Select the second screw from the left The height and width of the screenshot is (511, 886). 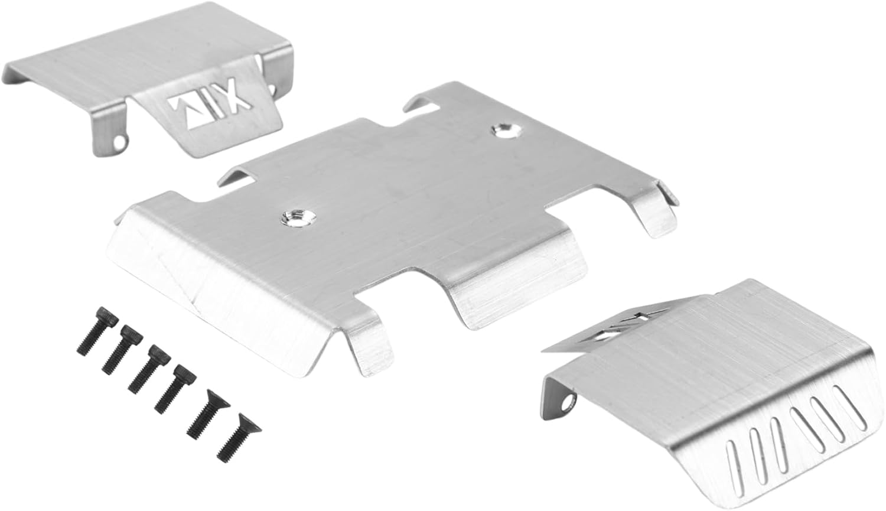point(123,349)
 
